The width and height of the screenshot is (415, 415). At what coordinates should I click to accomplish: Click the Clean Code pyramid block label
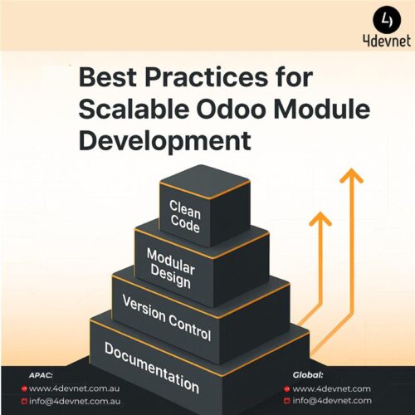(185, 213)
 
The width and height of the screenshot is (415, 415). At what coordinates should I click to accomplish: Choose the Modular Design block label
(170, 267)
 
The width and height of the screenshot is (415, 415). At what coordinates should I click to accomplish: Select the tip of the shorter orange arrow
(320, 217)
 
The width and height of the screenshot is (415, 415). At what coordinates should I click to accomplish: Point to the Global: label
(308, 374)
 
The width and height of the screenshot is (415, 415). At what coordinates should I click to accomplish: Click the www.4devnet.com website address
(331, 388)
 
